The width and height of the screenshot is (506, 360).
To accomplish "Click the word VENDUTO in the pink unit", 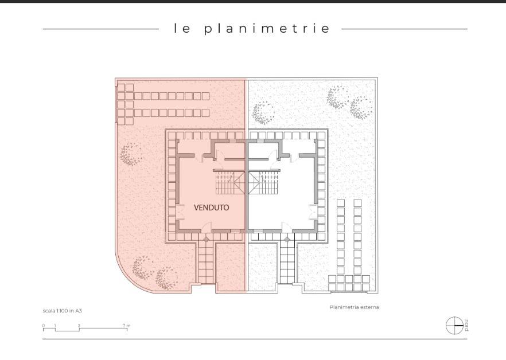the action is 211,208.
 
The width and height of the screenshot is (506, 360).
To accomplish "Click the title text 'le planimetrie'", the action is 252,29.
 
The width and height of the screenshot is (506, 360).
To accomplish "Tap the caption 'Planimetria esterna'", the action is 354,307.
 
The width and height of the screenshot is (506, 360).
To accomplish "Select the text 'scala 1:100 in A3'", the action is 63,311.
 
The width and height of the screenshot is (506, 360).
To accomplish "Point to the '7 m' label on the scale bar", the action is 126,326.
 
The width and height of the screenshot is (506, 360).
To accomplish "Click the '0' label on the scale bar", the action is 44,326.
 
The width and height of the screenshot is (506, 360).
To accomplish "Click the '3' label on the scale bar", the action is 79,326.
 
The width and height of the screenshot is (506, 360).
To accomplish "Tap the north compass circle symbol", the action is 454,326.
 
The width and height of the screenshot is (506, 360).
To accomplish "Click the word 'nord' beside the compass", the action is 466,326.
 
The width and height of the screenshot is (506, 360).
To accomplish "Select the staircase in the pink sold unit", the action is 229,182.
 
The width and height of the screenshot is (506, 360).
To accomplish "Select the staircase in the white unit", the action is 263,182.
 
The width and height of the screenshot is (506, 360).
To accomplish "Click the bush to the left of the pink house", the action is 131,155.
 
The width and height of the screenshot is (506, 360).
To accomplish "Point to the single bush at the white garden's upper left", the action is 263,113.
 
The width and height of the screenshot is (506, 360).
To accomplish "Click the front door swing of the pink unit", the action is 206,227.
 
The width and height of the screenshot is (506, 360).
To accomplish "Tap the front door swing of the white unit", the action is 287,227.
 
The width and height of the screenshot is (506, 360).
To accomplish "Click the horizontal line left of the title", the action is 101,29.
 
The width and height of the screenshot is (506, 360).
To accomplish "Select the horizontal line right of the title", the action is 404,29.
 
